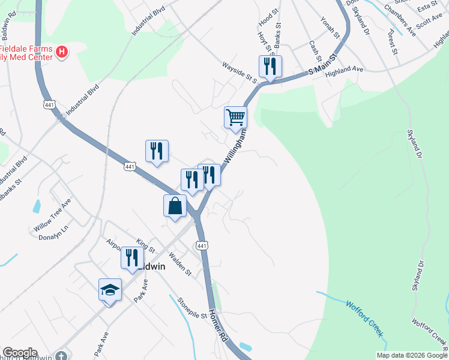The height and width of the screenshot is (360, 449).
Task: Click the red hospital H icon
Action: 62,52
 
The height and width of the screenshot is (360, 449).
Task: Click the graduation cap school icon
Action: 110,290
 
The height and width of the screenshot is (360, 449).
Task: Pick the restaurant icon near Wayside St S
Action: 270,66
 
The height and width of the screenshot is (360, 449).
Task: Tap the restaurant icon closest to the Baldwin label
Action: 132,257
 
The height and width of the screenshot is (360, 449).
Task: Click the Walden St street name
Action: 179,263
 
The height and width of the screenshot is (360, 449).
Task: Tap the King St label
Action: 146,245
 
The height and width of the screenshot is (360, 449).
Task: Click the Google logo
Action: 20,353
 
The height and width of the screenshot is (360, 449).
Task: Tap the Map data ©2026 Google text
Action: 412,355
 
